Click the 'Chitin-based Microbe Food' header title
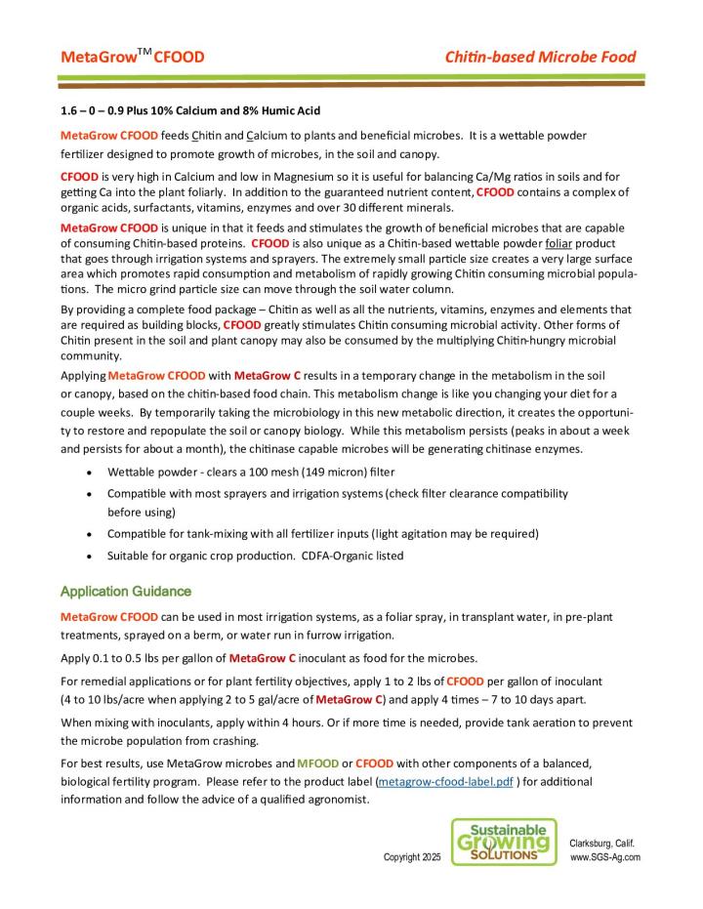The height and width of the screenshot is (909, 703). (540, 57)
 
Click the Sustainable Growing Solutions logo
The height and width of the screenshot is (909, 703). (505, 842)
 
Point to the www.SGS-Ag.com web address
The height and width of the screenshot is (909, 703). (605, 857)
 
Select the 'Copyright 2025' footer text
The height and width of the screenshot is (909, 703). (411, 857)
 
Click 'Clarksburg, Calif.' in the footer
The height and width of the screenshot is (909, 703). (604, 843)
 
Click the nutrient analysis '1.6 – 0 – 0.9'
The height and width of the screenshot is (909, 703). (95, 109)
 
